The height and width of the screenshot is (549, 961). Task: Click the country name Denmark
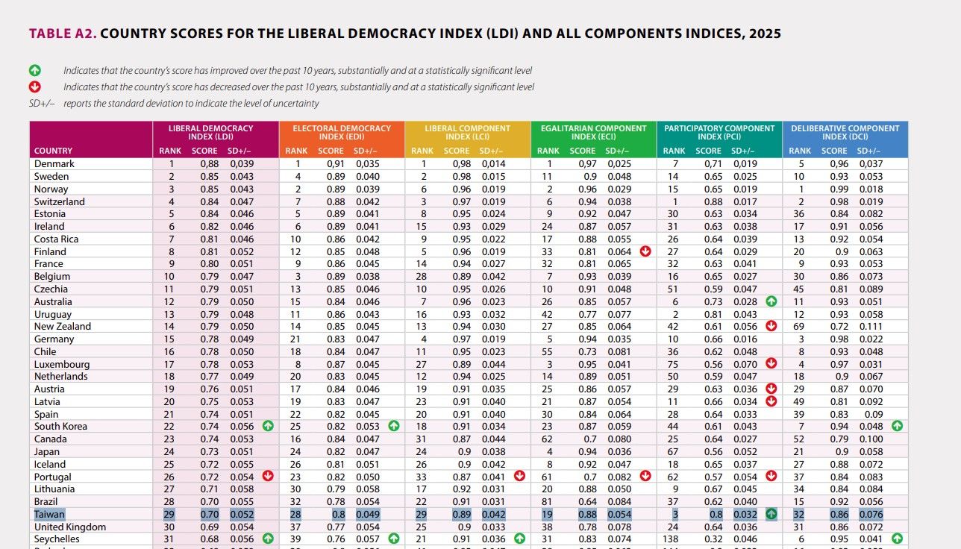[54, 164]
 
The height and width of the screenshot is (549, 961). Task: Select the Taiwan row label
[50, 514]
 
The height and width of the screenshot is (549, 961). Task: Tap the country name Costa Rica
[57, 239]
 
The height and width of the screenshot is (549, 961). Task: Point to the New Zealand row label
[63, 326]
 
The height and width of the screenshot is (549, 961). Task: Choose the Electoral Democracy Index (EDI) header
[342, 133]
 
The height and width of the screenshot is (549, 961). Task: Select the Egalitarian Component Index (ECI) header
[593, 133]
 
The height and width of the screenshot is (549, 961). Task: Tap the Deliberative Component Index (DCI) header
[845, 133]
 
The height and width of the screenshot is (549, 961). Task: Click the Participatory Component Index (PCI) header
[719, 133]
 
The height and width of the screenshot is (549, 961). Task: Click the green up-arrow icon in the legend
[34, 71]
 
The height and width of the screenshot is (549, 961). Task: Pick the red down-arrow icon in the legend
[34, 87]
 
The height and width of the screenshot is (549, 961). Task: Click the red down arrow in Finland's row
[645, 251]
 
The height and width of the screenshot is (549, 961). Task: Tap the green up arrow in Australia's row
[771, 301]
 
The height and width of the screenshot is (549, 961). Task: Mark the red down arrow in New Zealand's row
[771, 326]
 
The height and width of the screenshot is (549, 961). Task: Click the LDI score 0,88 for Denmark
[204, 164]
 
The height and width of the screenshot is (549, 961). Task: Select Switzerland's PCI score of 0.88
[709, 201]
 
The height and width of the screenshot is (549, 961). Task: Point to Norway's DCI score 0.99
[835, 189]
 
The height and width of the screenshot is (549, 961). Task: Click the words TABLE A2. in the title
[62, 34]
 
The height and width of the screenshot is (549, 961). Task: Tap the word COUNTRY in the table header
[53, 151]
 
